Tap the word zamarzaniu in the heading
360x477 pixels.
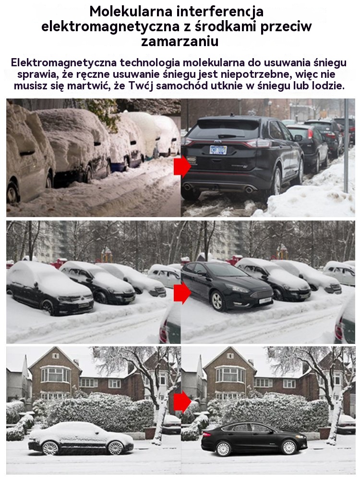point(180,41)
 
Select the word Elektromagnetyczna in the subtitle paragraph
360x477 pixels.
point(63,63)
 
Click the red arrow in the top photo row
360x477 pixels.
point(182,166)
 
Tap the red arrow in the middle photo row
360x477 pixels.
point(182,293)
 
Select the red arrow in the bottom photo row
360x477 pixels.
point(182,402)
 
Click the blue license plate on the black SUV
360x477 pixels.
point(218,149)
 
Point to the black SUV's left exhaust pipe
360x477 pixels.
point(187,186)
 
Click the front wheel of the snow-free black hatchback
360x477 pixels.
point(217,301)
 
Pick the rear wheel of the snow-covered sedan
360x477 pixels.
point(50,448)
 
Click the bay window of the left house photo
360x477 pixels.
point(56,375)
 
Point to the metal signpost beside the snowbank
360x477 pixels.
point(346,146)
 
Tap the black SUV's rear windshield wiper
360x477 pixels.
point(227,136)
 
